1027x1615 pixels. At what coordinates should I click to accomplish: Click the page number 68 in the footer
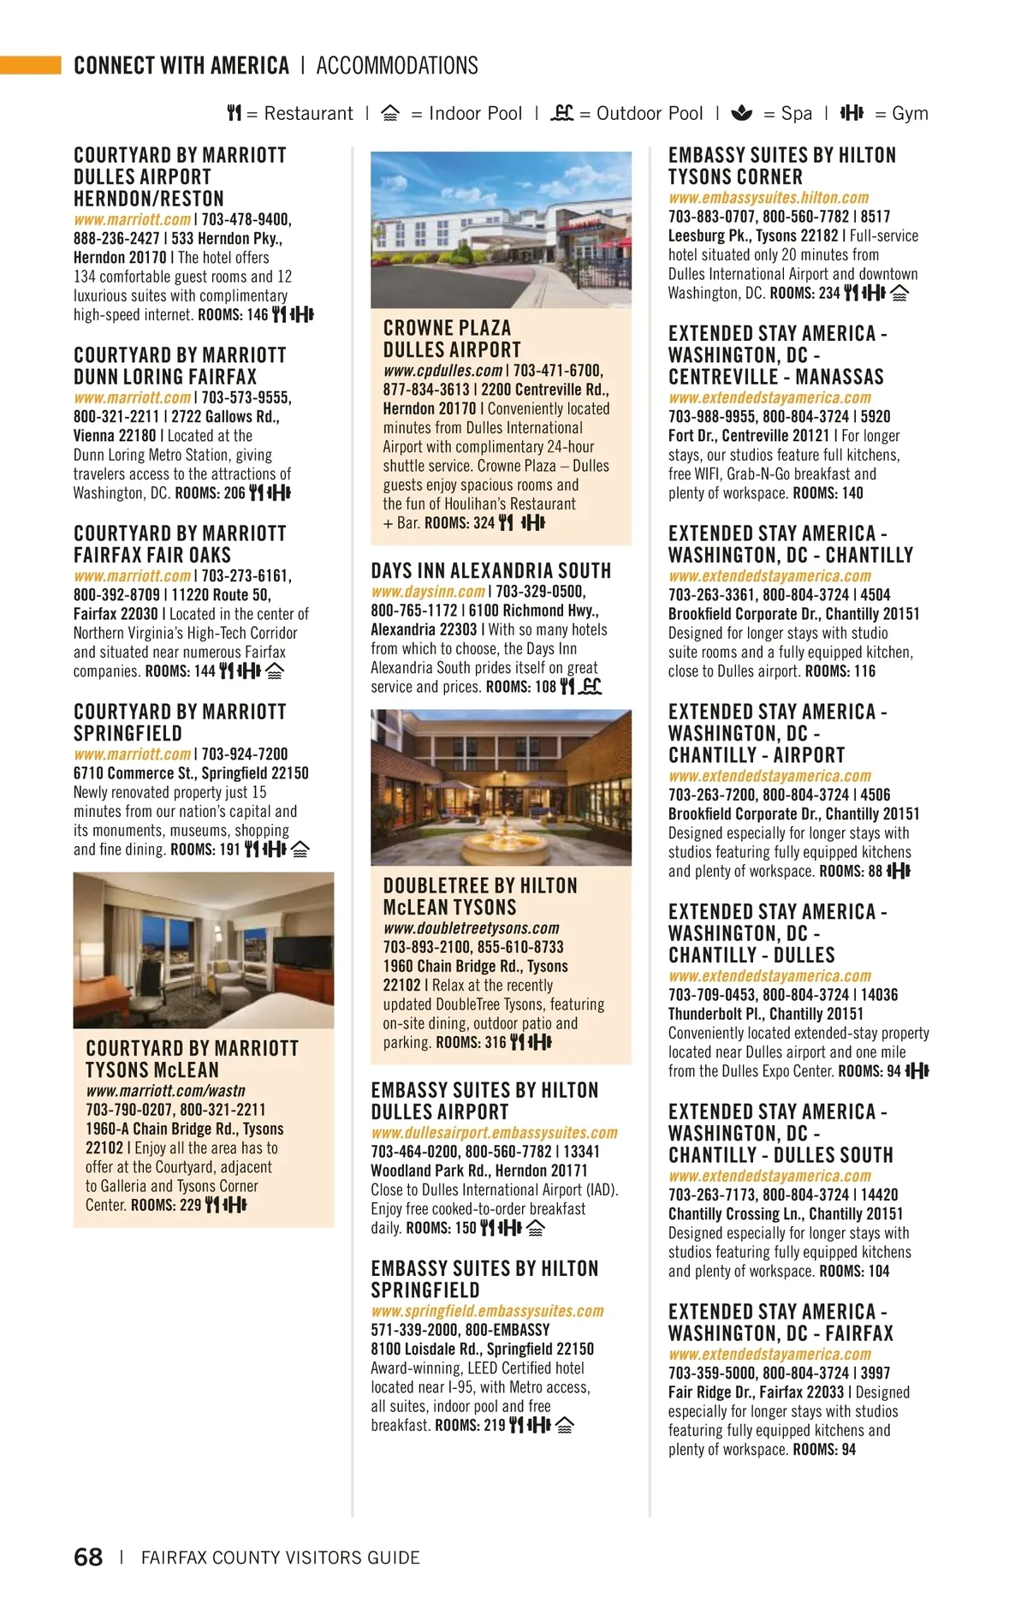(88, 1557)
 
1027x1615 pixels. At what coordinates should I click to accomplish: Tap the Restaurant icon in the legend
(234, 113)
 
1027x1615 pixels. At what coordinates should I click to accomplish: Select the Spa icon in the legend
(742, 113)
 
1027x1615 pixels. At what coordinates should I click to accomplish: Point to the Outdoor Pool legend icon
(561, 113)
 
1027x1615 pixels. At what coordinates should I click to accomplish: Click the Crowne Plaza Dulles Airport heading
(452, 339)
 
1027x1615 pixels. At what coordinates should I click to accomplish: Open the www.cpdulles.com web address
(442, 371)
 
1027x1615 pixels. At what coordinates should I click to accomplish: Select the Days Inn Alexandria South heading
(491, 571)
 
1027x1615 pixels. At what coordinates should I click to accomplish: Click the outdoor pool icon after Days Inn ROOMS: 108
(591, 687)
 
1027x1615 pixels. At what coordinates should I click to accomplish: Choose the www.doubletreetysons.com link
(471, 928)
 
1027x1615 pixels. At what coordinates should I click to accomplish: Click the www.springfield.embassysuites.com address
(487, 1311)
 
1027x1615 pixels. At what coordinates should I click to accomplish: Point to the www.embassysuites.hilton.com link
(769, 198)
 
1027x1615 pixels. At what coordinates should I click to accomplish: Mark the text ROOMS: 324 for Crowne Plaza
(460, 523)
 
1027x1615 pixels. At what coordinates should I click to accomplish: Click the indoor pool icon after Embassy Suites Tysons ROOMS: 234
(899, 294)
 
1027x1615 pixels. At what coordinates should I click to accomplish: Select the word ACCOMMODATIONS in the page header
(397, 66)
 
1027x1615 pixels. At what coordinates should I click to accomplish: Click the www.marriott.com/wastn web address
(165, 1091)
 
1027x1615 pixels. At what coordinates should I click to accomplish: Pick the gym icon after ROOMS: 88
(899, 872)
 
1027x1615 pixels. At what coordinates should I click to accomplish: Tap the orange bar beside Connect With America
(31, 65)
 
